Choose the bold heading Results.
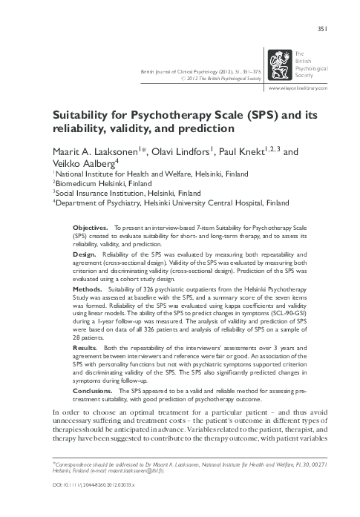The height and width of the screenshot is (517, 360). (x=87, y=346)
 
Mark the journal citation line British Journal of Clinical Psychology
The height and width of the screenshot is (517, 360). (x=198, y=70)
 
